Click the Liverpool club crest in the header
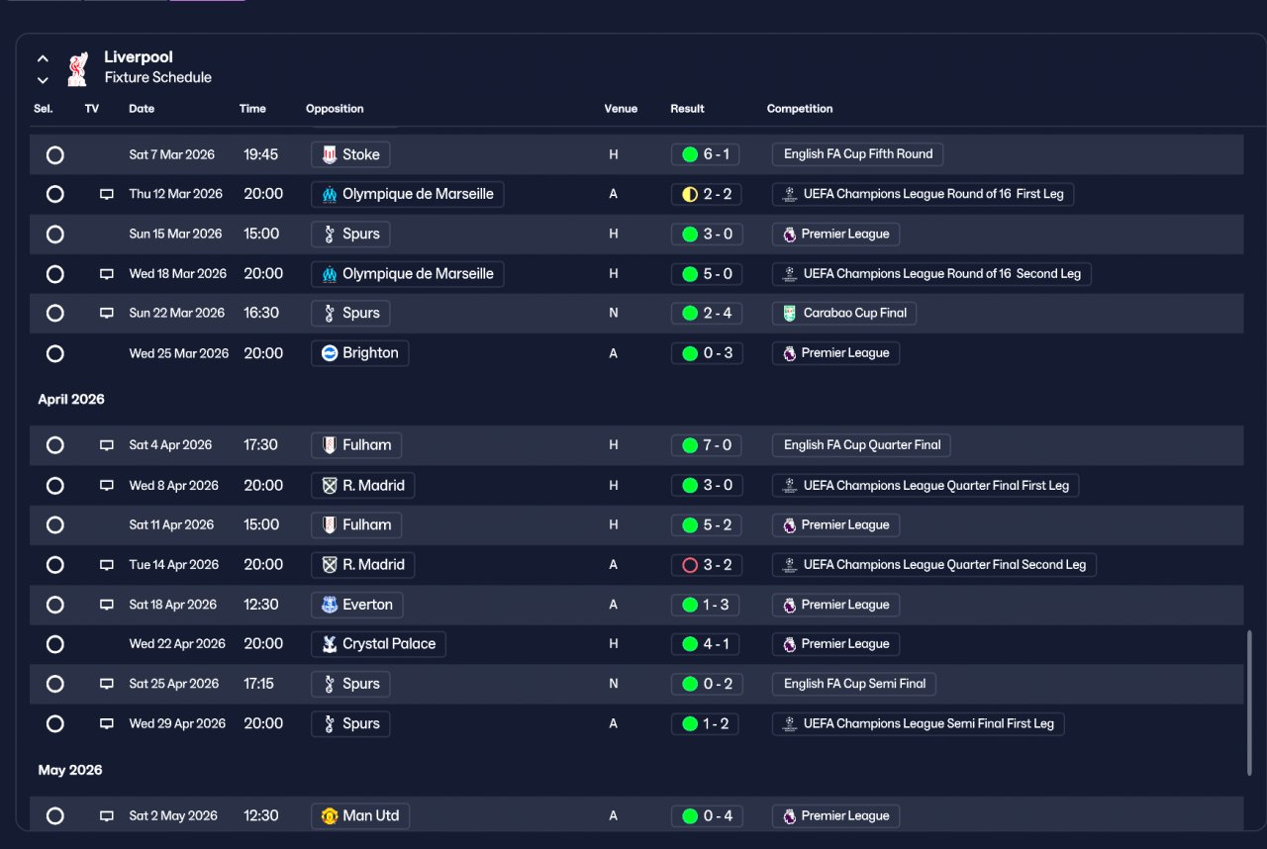pos(77,69)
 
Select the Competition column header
pos(799,109)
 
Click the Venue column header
pos(621,109)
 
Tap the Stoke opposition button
pos(350,154)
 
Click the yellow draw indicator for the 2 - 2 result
pos(690,195)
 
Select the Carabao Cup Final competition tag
pos(844,313)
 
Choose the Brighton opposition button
pos(359,353)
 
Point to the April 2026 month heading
pos(71,399)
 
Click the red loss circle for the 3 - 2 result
pos(690,565)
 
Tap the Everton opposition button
pos(357,605)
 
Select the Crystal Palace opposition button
pos(378,644)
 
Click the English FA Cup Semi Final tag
pos(854,684)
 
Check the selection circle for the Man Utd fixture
pos(54,815)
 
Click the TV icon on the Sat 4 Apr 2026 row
pos(106,445)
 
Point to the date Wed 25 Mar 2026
pos(179,353)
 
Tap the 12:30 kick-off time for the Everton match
pos(260,605)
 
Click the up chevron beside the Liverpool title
pos(43,58)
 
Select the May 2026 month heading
pos(70,770)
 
